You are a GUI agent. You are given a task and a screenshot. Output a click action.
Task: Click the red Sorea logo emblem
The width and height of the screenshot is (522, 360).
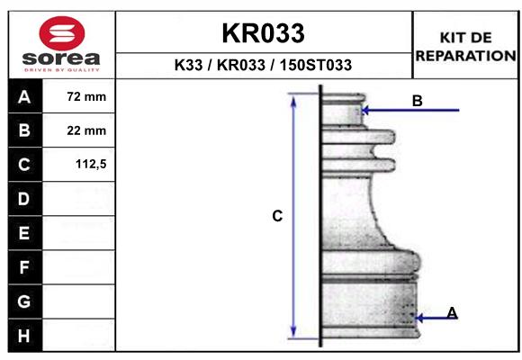click(62, 33)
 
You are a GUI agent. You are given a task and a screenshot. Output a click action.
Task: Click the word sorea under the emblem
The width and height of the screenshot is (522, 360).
click(61, 58)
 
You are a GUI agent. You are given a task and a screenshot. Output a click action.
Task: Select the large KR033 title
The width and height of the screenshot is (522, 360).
click(263, 33)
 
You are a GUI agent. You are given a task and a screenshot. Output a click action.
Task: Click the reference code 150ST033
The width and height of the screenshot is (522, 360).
click(316, 65)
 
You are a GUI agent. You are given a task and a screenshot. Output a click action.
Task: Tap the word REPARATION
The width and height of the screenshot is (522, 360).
click(465, 56)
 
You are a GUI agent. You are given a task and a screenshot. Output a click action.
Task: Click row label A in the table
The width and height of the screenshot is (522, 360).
click(24, 96)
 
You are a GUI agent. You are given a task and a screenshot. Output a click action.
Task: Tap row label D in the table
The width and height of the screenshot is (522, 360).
click(23, 199)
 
